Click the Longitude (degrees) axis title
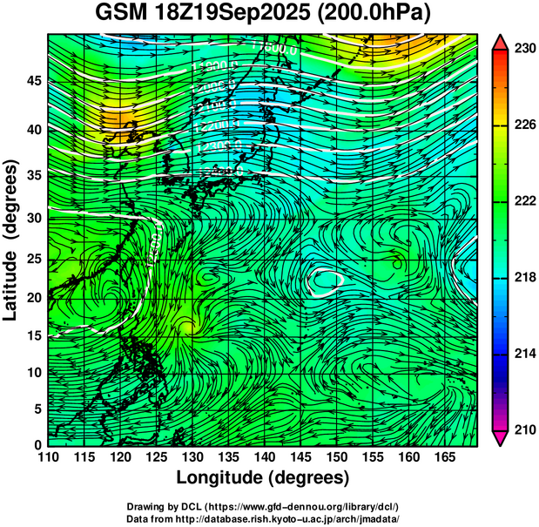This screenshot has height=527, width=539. pyautogui.click(x=263, y=478)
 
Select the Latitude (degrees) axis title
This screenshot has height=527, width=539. pyautogui.click(x=11, y=240)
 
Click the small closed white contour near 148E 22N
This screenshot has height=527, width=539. pyautogui.click(x=326, y=280)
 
